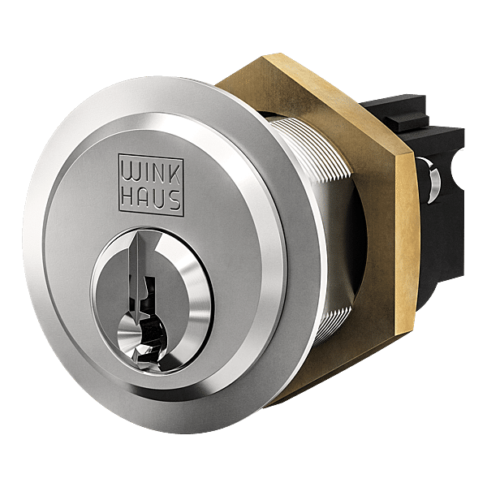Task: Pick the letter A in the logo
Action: (x=144, y=198)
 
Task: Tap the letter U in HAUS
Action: (x=159, y=200)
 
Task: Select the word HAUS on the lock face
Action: (x=151, y=199)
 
